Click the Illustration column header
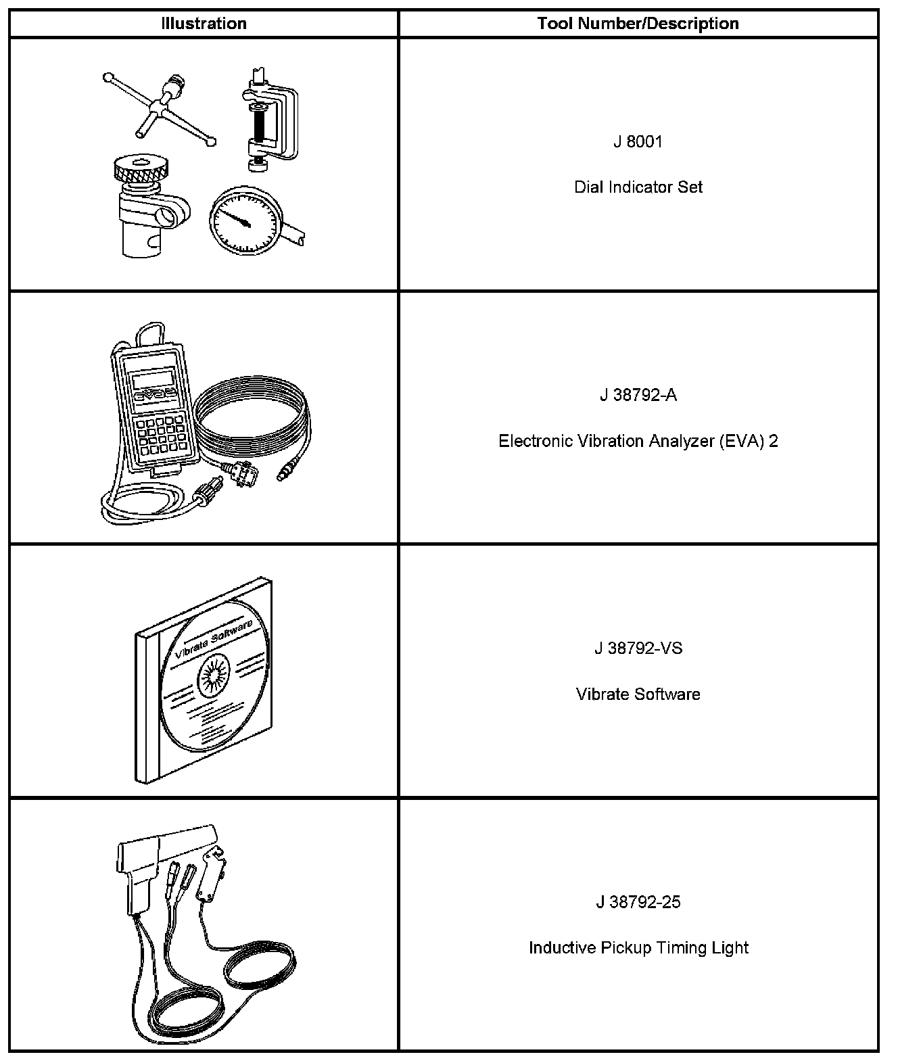(x=204, y=24)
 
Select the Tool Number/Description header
(x=638, y=24)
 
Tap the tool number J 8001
(x=638, y=142)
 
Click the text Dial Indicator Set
(x=638, y=187)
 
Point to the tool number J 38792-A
(x=638, y=396)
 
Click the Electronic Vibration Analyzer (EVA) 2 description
(x=638, y=442)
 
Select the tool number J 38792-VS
(x=638, y=649)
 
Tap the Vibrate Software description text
(x=638, y=694)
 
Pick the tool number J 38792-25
(x=638, y=902)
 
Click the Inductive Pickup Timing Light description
(x=638, y=948)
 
